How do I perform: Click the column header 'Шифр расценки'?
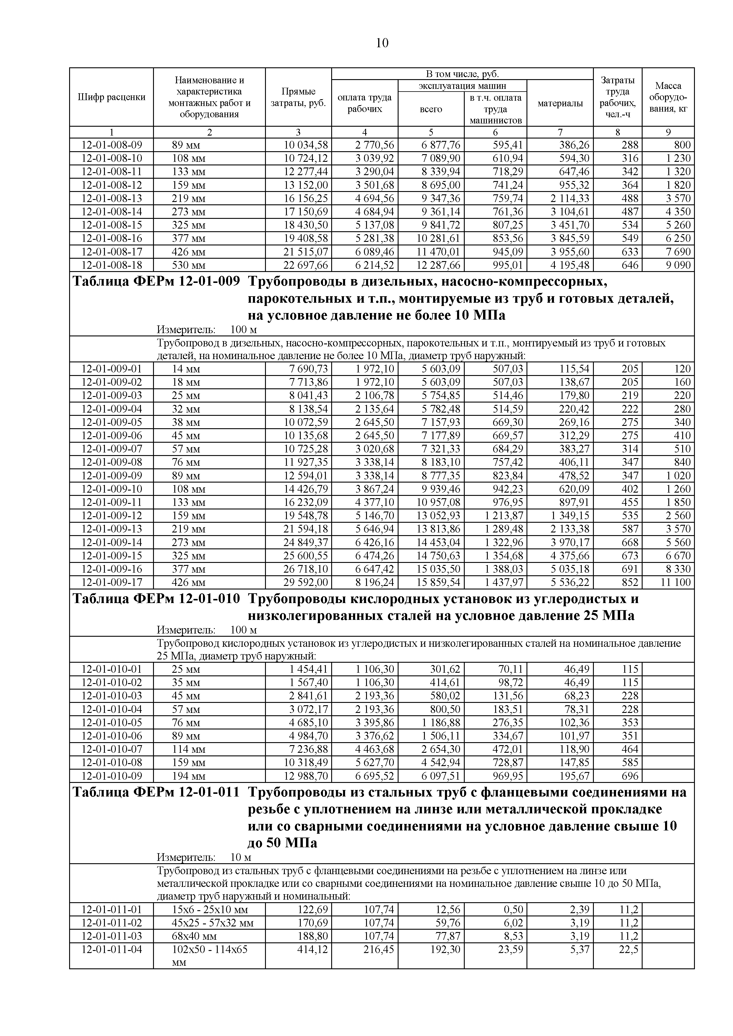111,97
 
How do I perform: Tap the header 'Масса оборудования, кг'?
668,97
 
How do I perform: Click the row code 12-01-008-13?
111,198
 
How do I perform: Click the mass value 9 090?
678,265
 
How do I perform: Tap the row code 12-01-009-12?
111,516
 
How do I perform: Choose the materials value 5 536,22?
570,582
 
